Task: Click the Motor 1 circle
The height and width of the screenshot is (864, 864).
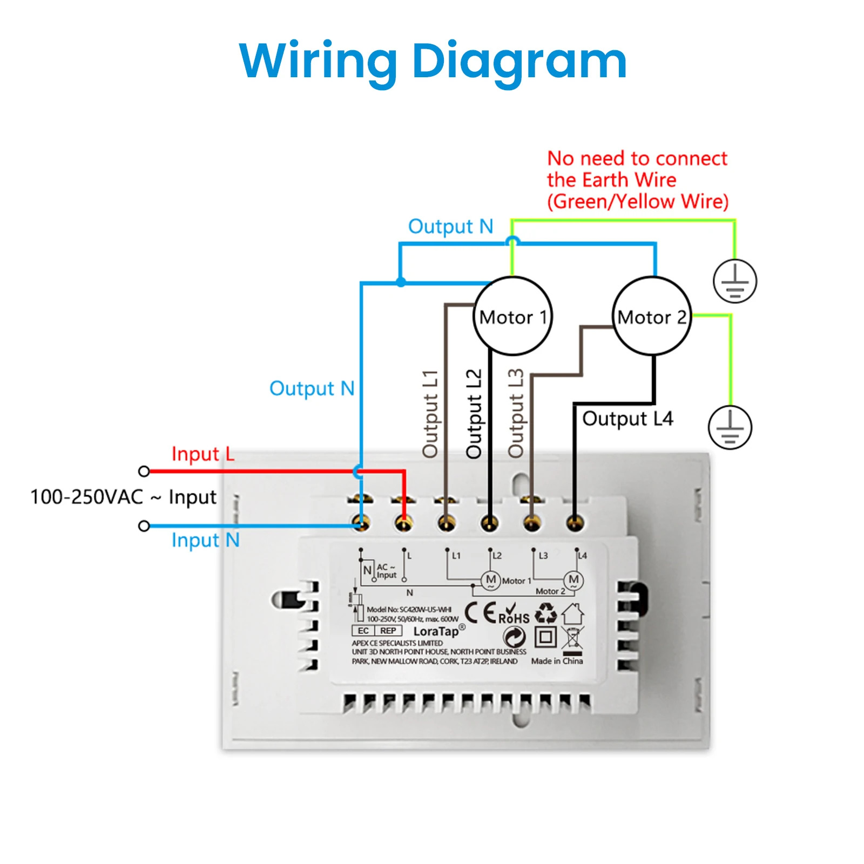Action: [x=512, y=316]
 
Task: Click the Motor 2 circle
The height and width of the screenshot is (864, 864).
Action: [x=652, y=316]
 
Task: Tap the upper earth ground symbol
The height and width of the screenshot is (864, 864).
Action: [x=734, y=281]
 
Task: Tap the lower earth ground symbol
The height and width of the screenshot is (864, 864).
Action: [x=730, y=428]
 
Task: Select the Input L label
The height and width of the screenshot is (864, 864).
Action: [x=202, y=454]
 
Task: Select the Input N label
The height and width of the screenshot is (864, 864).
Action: [x=205, y=540]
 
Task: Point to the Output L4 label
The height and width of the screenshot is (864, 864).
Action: [x=627, y=418]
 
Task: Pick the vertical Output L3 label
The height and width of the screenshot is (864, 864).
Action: [x=516, y=414]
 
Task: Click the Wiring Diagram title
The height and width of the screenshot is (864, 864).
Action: [x=433, y=61]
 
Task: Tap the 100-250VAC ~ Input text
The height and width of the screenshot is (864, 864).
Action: [x=123, y=497]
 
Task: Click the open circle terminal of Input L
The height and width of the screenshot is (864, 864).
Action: [x=144, y=471]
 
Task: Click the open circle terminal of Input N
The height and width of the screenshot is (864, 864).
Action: [x=144, y=526]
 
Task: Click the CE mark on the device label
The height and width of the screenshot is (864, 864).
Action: [x=480, y=613]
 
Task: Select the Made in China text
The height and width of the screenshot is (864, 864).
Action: [x=557, y=661]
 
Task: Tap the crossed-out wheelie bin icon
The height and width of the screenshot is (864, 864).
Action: [x=572, y=638]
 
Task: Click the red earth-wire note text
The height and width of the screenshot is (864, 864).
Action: [x=637, y=180]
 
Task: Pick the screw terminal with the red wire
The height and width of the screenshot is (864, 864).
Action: [x=404, y=523]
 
